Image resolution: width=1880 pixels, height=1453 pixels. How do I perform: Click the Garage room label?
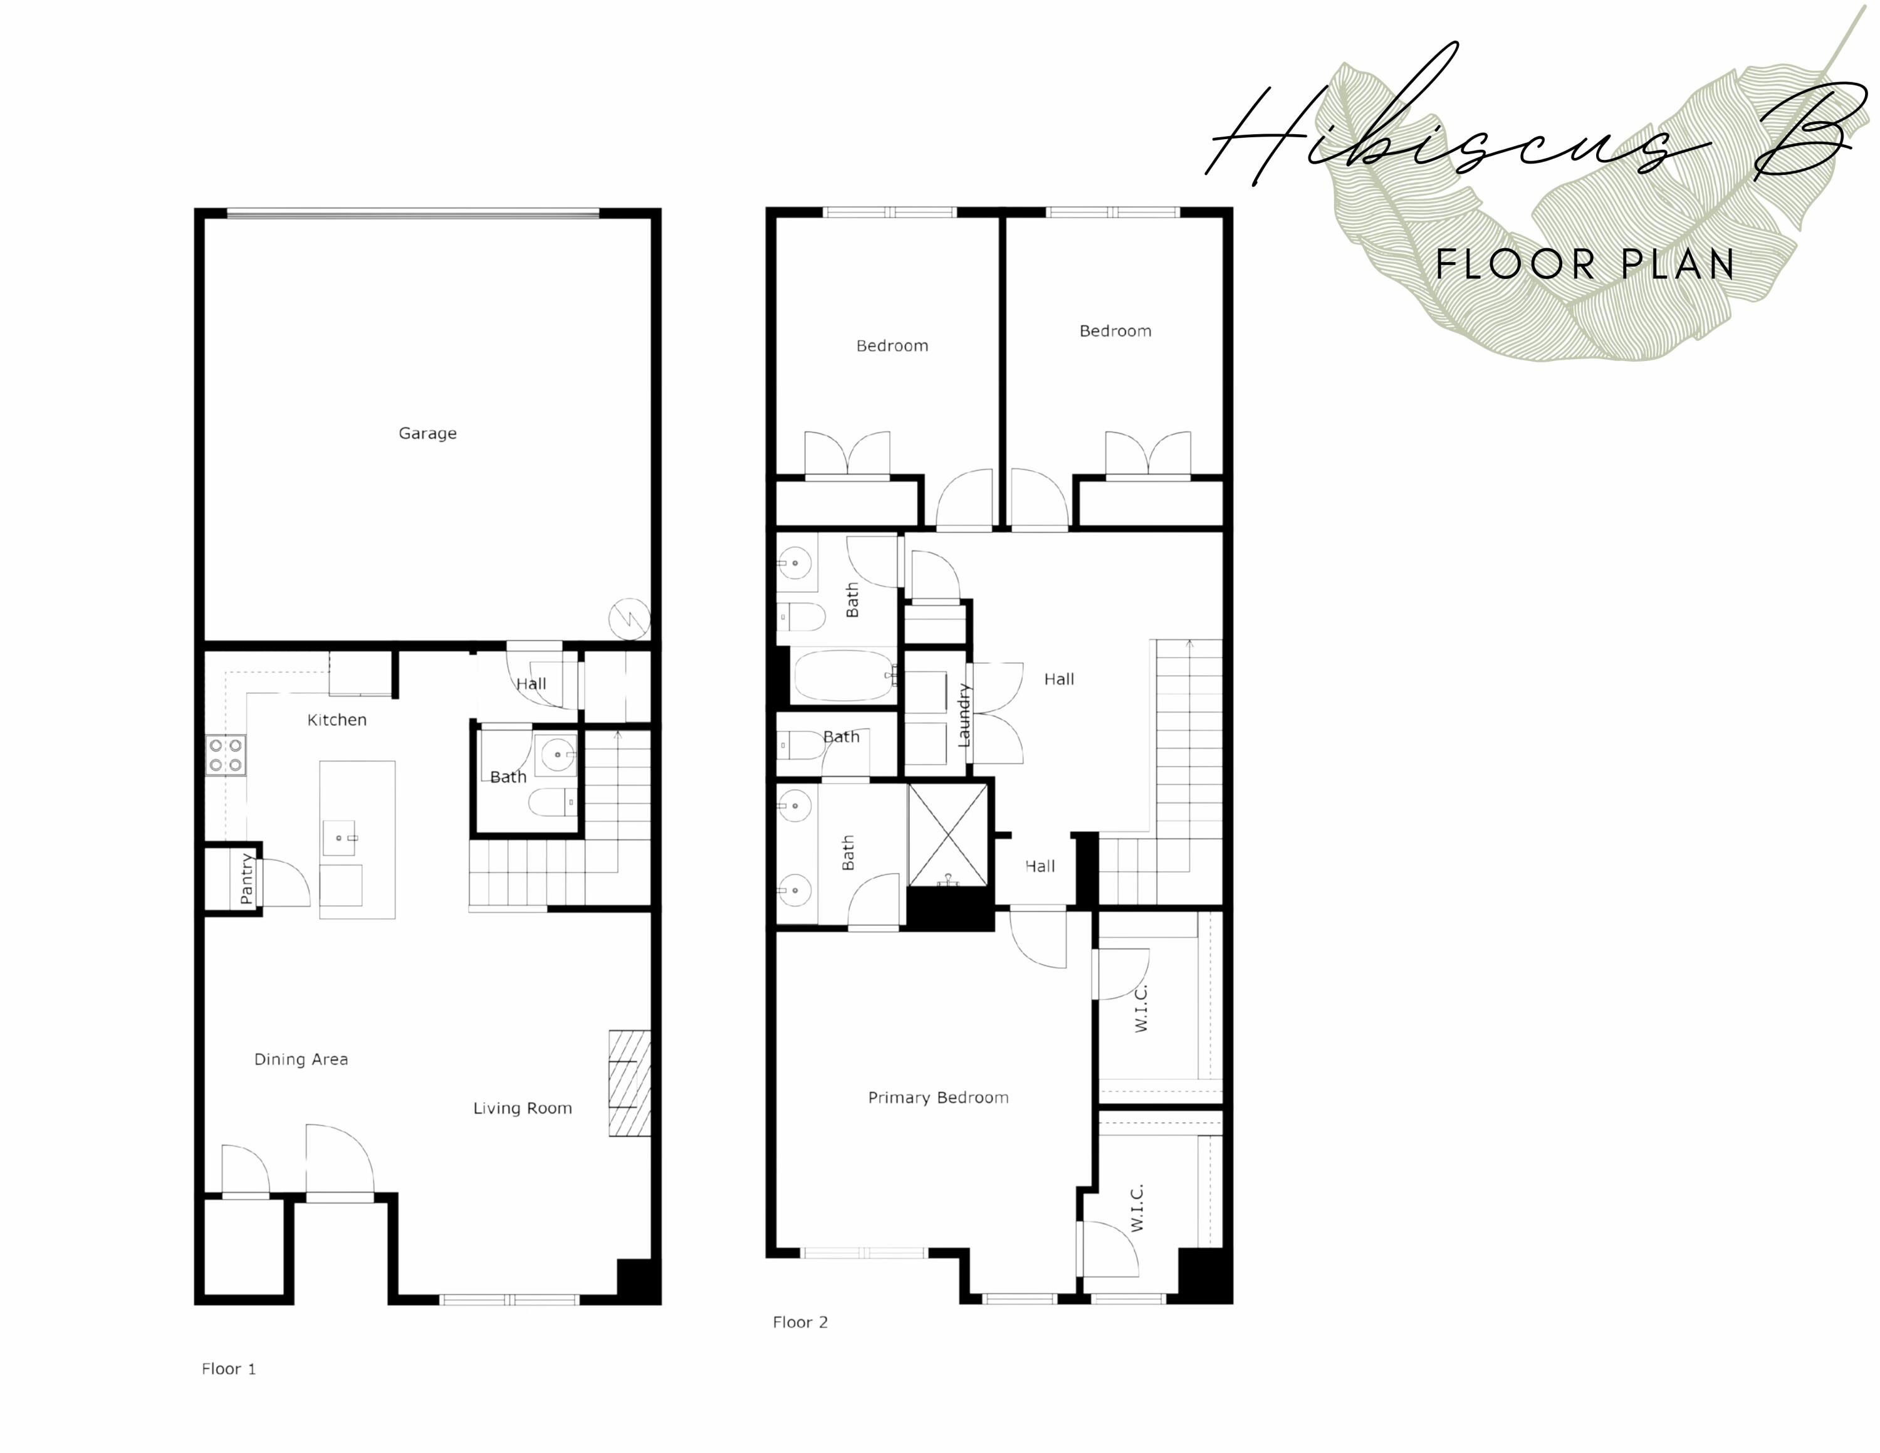[x=427, y=434]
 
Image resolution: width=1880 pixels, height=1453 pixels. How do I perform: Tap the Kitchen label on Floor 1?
[x=337, y=720]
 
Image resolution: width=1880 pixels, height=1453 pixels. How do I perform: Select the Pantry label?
[x=247, y=879]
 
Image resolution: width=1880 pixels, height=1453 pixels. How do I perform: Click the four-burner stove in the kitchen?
[x=226, y=755]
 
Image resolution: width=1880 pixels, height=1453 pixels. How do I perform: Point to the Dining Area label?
[x=300, y=1059]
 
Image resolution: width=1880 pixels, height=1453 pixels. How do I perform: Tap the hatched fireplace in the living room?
[x=629, y=1083]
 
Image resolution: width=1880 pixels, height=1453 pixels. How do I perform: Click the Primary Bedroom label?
[x=937, y=1098]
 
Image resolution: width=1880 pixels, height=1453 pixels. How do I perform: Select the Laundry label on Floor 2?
[x=964, y=715]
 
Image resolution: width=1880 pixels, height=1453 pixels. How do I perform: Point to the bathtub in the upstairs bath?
[x=843, y=676]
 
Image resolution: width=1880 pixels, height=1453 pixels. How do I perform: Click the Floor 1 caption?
[x=228, y=1368]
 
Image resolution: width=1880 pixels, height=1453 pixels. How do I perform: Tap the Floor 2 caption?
[x=800, y=1322]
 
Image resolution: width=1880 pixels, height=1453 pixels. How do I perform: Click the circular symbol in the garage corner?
[x=629, y=619]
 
